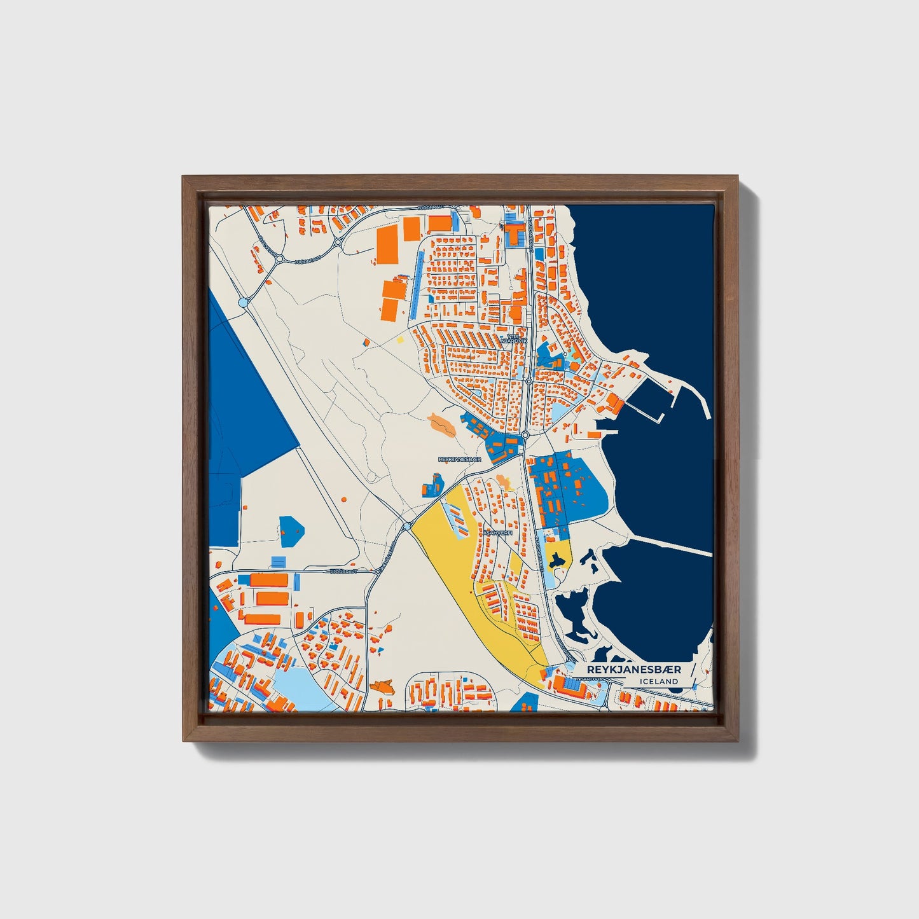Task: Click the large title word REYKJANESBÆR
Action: click(633, 670)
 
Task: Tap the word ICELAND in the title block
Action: click(659, 681)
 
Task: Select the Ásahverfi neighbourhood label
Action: click(497, 533)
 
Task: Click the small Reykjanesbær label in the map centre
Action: click(459, 459)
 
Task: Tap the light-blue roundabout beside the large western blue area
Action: click(243, 303)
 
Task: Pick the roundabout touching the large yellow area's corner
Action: click(406, 526)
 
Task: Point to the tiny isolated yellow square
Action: click(400, 339)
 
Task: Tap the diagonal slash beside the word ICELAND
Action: click(692, 675)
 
